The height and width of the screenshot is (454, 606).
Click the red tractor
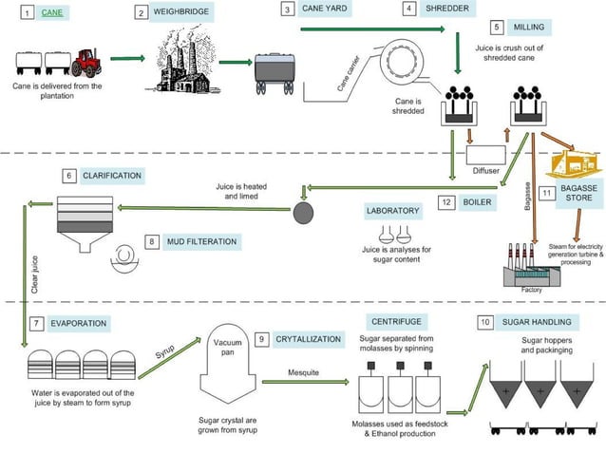click(x=88, y=64)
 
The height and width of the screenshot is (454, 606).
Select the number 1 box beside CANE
click(x=27, y=13)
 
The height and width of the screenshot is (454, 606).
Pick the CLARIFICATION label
click(x=112, y=176)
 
